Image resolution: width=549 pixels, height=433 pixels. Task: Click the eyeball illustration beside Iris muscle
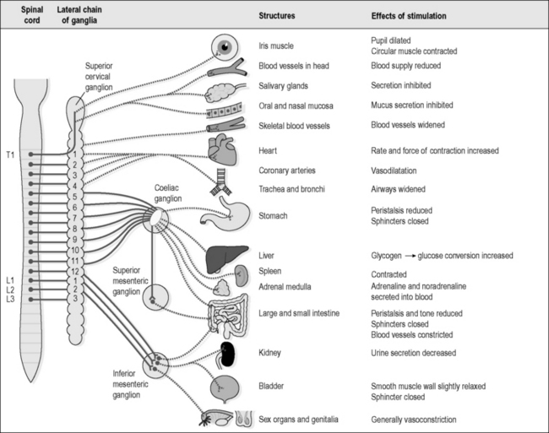(225, 47)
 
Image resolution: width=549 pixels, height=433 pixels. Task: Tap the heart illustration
(222, 149)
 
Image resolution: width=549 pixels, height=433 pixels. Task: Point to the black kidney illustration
(227, 355)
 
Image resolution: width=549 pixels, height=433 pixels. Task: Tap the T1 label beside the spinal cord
(10, 154)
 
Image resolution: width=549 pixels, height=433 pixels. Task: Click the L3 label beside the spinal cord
(10, 299)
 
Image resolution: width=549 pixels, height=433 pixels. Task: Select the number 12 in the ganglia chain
(74, 272)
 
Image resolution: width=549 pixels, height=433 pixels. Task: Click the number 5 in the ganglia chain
(74, 197)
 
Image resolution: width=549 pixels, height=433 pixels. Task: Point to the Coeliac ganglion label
(168, 193)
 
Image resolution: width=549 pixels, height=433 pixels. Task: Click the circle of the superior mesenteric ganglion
(155, 298)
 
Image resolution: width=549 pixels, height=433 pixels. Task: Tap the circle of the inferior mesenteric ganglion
(155, 365)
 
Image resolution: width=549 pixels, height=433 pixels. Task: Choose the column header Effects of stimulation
(409, 16)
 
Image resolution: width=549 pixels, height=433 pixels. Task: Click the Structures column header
(276, 16)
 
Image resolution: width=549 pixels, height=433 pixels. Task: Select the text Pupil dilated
(391, 41)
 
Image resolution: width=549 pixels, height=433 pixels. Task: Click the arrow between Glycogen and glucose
(410, 256)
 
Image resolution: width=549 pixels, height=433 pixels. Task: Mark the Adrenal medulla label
(285, 287)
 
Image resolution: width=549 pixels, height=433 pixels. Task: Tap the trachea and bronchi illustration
(221, 181)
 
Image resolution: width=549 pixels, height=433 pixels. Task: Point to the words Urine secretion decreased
(414, 353)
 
